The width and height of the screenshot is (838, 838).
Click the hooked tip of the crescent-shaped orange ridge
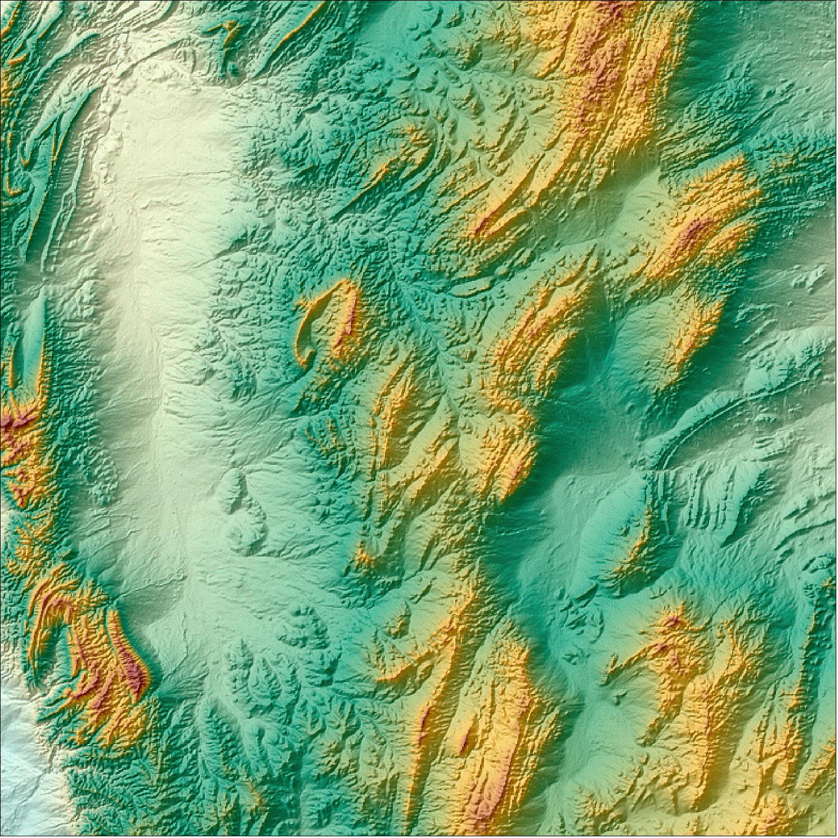[307, 358]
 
